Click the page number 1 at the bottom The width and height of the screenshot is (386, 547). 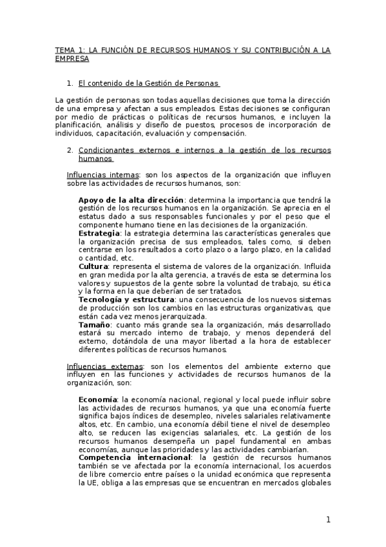tap(328, 520)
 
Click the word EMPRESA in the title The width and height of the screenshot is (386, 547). tap(72, 58)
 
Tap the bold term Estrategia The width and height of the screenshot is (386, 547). tap(99, 232)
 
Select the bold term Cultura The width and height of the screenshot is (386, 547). tap(93, 266)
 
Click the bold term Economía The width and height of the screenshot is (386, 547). tap(98, 399)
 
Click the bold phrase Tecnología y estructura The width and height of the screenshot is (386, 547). tap(126, 299)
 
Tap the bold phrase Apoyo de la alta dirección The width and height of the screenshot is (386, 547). tap(131, 199)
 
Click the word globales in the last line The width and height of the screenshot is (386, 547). tap(316, 482)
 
